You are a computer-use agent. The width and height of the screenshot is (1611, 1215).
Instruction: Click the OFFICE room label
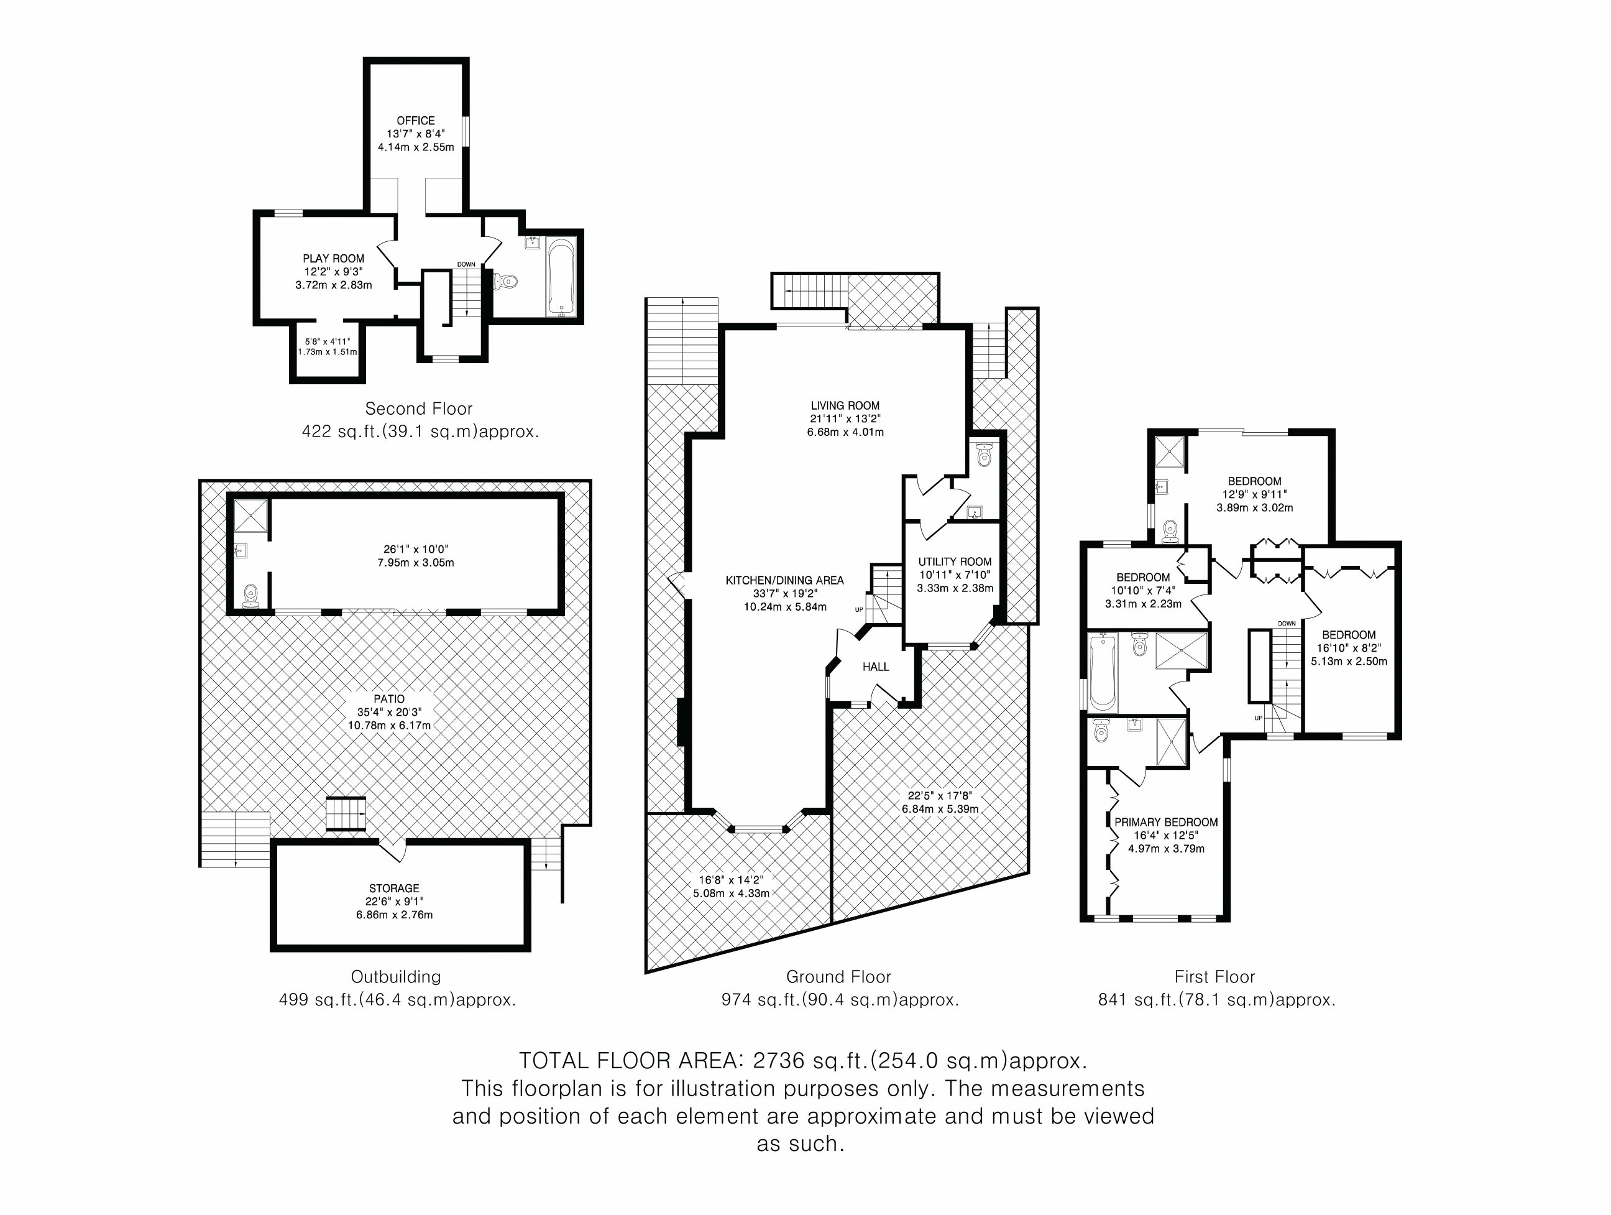(x=415, y=121)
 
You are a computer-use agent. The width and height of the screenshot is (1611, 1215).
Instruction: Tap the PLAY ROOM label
(x=334, y=259)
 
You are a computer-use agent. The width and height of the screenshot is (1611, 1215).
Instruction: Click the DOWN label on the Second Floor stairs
(x=466, y=264)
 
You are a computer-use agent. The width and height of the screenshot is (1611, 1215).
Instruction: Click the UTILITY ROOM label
(x=954, y=561)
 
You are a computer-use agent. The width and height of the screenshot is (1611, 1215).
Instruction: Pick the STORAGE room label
(x=394, y=889)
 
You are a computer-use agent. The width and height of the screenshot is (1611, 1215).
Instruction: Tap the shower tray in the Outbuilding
(x=251, y=515)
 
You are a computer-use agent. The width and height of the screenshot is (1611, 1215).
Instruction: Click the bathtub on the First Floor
(x=1103, y=672)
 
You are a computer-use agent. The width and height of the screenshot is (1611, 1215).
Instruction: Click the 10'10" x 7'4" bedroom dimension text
(x=1143, y=591)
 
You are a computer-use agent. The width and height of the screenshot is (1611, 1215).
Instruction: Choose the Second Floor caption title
(x=419, y=409)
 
